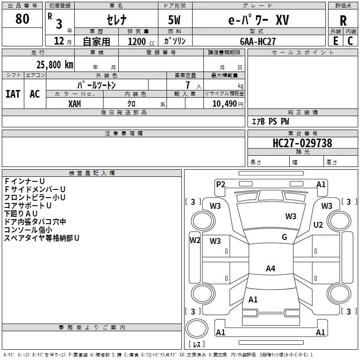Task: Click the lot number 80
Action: pyautogui.click(x=22, y=18)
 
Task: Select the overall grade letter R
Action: pyautogui.click(x=343, y=21)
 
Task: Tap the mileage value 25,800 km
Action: pyautogui.click(x=55, y=65)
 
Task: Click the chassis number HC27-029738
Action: pyautogui.click(x=302, y=143)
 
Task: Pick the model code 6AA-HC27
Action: pyautogui.click(x=257, y=41)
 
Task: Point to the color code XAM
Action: pyautogui.click(x=75, y=104)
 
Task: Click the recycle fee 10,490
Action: pyautogui.click(x=224, y=103)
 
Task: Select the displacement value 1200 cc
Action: pyautogui.click(x=141, y=41)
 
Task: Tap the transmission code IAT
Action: pyautogui.click(x=13, y=94)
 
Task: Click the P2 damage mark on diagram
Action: pyautogui.click(x=220, y=184)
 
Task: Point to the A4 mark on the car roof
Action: pyautogui.click(x=270, y=268)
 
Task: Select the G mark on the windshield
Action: pyautogui.click(x=284, y=237)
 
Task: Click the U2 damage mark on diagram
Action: pyautogui.click(x=318, y=225)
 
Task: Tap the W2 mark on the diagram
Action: pyautogui.click(x=195, y=240)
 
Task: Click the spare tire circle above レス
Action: pyautogui.click(x=197, y=328)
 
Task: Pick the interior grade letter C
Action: pyautogui.click(x=350, y=41)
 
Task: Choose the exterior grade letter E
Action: pyautogui.click(x=335, y=41)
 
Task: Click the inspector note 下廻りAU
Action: pyautogui.click(x=21, y=213)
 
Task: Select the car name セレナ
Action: pyautogui.click(x=117, y=20)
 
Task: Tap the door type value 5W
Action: pyautogui.click(x=174, y=20)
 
